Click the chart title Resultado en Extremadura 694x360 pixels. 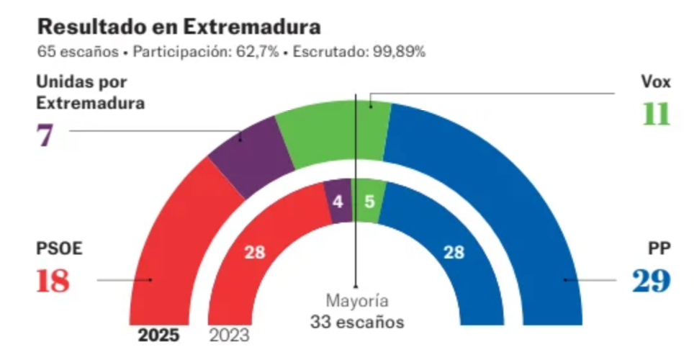click(x=179, y=27)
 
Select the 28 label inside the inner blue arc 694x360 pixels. click(x=454, y=253)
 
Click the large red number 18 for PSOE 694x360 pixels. click(x=53, y=281)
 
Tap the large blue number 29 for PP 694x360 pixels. click(x=652, y=281)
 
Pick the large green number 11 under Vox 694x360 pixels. click(x=656, y=114)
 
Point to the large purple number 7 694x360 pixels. click(x=45, y=135)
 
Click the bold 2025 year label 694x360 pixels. click(x=159, y=336)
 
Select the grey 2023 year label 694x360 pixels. click(x=229, y=336)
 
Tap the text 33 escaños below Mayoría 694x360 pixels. click(x=357, y=322)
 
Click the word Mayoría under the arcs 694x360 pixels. click(x=357, y=301)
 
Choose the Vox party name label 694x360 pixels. click(x=656, y=82)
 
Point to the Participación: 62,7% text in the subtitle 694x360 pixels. click(x=206, y=52)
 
